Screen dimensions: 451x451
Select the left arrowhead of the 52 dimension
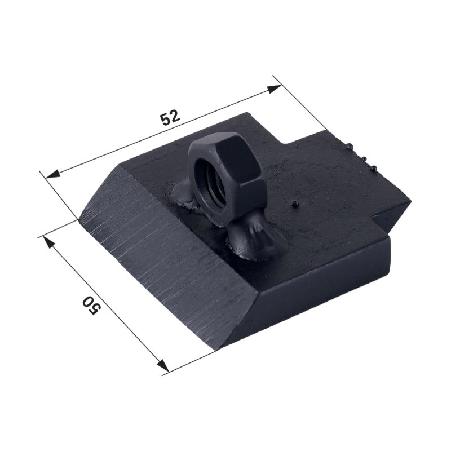tap(53, 174)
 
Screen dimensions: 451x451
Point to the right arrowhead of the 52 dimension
tap(274, 89)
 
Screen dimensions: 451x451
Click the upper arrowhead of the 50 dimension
tap(49, 242)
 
